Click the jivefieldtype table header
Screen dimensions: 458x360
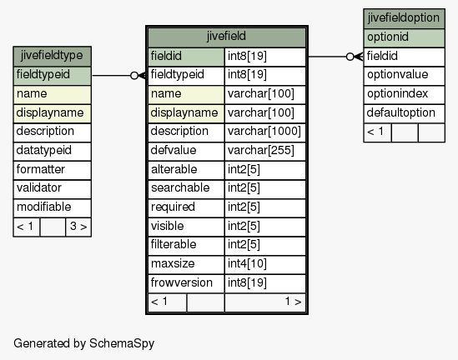pyautogui.click(x=53, y=56)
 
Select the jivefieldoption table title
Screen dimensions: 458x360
pyautogui.click(x=404, y=18)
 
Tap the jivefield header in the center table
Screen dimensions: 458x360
pyautogui.click(x=227, y=37)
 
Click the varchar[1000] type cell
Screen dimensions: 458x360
pyautogui.click(x=265, y=132)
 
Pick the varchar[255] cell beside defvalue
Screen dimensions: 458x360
pyautogui.click(x=265, y=151)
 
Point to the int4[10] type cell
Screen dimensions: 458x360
pyautogui.click(x=265, y=264)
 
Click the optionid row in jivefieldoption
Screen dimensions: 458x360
pyautogui.click(x=404, y=38)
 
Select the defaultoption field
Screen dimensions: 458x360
pyautogui.click(x=404, y=113)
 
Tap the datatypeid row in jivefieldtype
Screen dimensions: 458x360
pyautogui.click(x=53, y=151)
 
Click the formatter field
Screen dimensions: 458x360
pyautogui.click(x=53, y=170)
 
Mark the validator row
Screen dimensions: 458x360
pyautogui.click(x=53, y=189)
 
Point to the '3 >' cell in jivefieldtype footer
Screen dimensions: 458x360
pyautogui.click(x=78, y=227)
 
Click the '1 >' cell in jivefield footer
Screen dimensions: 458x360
pyautogui.click(x=265, y=302)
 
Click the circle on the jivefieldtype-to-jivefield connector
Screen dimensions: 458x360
pyautogui.click(x=134, y=76)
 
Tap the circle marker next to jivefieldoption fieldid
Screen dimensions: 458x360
pyautogui.click(x=350, y=57)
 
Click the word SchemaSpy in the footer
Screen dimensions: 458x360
pyautogui.click(x=122, y=343)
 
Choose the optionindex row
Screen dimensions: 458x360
pyautogui.click(x=404, y=94)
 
